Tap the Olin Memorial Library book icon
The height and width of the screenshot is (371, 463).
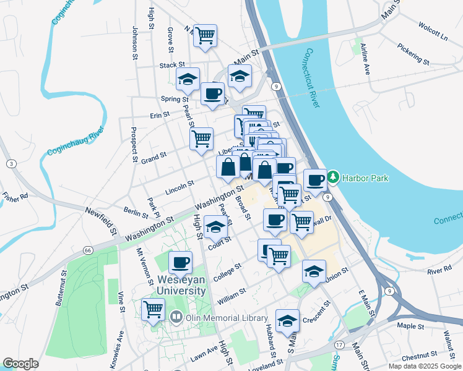click(176, 318)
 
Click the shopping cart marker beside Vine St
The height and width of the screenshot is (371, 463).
click(153, 309)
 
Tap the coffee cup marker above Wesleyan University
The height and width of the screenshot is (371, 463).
click(180, 263)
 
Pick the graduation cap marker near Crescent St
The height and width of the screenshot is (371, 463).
click(287, 321)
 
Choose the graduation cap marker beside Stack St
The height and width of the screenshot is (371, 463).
click(188, 79)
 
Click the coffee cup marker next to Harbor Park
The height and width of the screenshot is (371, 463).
click(315, 180)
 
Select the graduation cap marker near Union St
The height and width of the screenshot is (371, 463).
click(314, 271)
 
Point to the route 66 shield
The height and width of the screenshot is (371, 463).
click(88, 250)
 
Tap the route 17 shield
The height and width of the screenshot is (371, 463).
click(339, 344)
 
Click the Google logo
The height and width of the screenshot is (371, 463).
click(20, 364)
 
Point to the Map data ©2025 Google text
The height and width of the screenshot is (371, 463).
click(424, 366)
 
